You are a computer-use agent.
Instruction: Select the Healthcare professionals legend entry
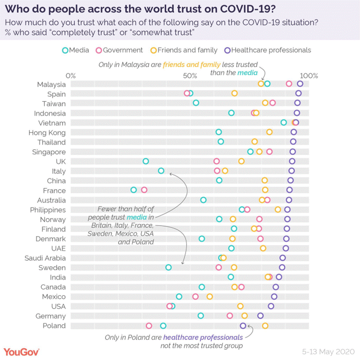pyautogui.click(x=267, y=50)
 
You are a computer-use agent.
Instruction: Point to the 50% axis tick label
pyautogui.click(x=190, y=75)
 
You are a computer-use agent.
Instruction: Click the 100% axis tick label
pyautogui.click(x=310, y=75)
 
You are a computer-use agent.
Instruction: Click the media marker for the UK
pyautogui.click(x=146, y=161)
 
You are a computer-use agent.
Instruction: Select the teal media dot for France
pyautogui.click(x=133, y=190)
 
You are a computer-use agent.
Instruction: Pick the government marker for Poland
pyautogui.click(x=149, y=326)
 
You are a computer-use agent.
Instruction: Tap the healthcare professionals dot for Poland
pyautogui.click(x=243, y=326)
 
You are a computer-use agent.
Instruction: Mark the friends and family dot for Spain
pyautogui.click(x=234, y=93)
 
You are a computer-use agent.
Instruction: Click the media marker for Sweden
pyautogui.click(x=169, y=267)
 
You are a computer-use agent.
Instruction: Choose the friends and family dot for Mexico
pyautogui.click(x=210, y=296)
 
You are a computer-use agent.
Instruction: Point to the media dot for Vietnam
pyautogui.click(x=283, y=123)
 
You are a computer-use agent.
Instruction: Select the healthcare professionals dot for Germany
pyautogui.click(x=260, y=316)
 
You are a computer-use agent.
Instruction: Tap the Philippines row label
pyautogui.click(x=48, y=210)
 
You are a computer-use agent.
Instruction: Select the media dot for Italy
pyautogui.click(x=161, y=171)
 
